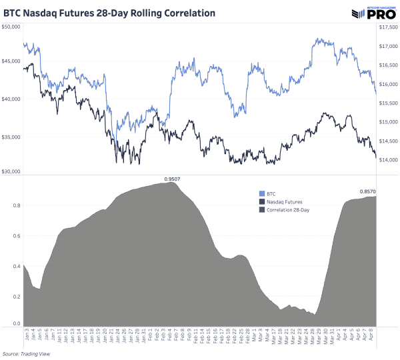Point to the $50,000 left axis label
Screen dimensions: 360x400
pos(11,27)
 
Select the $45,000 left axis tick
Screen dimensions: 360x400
pos(11,61)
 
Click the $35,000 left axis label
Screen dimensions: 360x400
pos(11,137)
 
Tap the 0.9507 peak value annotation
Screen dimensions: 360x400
pos(173,179)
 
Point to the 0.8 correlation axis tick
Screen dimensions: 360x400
pos(16,205)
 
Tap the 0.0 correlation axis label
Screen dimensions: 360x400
pos(16,323)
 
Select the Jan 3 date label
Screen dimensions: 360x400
pos(25,337)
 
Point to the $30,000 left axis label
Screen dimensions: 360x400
pos(11,172)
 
